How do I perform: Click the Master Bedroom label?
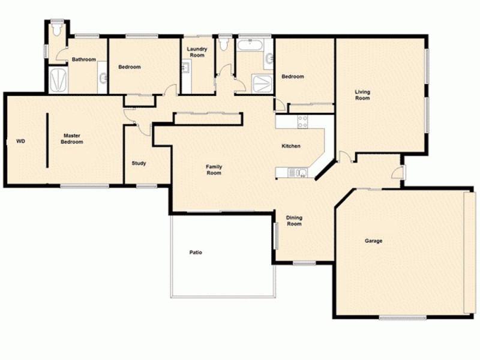tap(72, 139)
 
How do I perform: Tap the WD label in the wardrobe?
tap(20, 142)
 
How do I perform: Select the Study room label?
tap(139, 163)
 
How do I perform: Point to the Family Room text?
tap(214, 170)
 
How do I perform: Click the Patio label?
tap(195, 253)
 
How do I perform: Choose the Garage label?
tap(373, 241)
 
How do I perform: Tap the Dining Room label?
tap(293, 221)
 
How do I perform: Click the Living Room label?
tap(362, 95)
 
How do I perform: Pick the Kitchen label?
tap(291, 146)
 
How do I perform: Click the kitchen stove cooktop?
tap(303, 122)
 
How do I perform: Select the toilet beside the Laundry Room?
tap(224, 44)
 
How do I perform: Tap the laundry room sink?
tap(186, 68)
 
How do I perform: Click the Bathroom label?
tap(84, 59)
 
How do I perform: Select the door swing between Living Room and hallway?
tap(344, 158)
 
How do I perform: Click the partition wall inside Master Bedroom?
tap(46, 139)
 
